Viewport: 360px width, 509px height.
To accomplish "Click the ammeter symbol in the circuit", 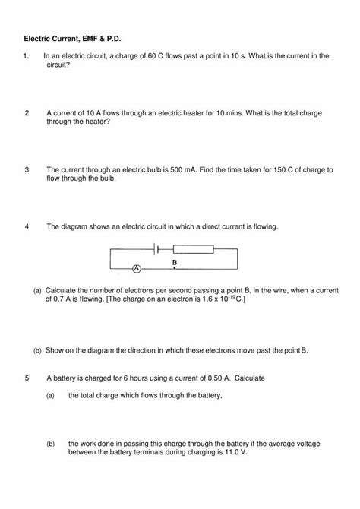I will coord(137,269).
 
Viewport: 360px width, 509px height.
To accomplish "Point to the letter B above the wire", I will coord(175,261).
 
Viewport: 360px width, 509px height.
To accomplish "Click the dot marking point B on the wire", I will coord(175,269).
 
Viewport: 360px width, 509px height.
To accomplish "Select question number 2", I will coord(27,112).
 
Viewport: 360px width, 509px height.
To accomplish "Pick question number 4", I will coord(27,226).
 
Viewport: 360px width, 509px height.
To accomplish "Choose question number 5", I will coord(27,378).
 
